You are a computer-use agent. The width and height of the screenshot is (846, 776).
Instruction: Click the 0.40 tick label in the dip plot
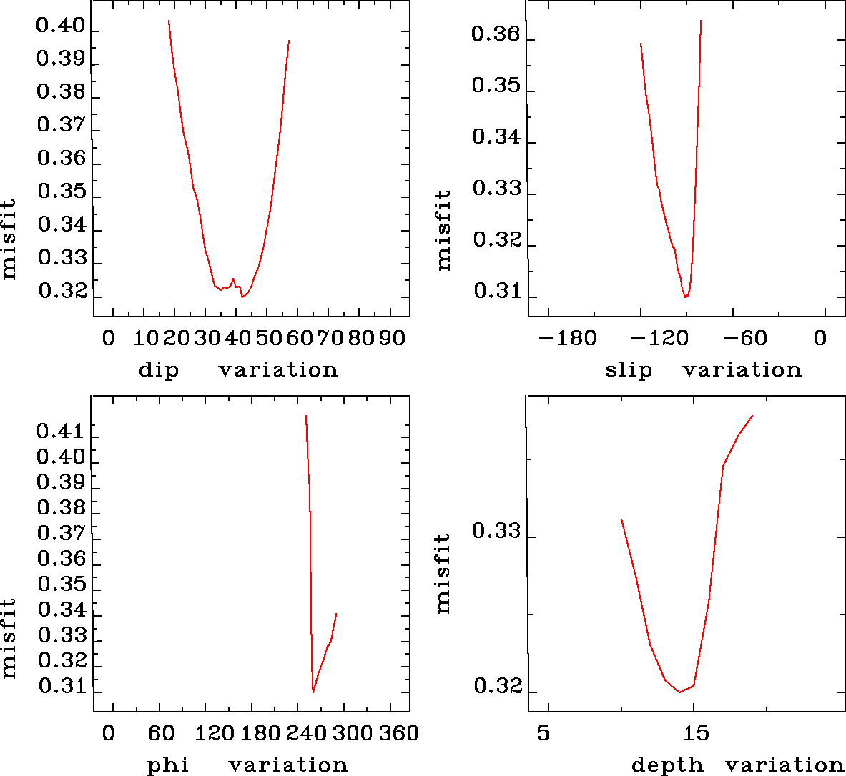click(x=61, y=26)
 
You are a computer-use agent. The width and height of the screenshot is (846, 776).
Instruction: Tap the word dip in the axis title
click(x=158, y=370)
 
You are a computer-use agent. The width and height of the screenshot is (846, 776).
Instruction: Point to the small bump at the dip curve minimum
click(x=233, y=279)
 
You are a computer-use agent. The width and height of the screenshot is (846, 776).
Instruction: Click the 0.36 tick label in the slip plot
click(x=496, y=34)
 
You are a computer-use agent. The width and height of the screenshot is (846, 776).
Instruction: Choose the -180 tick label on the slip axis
click(x=567, y=337)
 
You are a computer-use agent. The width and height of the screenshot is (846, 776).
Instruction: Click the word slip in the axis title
click(x=629, y=370)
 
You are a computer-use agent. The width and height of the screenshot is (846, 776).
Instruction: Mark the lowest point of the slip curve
click(x=685, y=297)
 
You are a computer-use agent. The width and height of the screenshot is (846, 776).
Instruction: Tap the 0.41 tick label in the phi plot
click(x=61, y=432)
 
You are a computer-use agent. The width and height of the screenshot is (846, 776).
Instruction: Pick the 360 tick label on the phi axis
click(x=398, y=733)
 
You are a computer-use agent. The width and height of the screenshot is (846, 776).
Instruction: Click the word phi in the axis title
click(x=167, y=765)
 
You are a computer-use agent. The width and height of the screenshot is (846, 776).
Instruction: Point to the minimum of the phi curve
click(x=313, y=692)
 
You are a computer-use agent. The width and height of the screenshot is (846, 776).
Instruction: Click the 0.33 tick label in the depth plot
click(x=496, y=532)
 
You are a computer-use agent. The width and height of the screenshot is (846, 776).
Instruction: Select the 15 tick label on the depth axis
click(x=696, y=733)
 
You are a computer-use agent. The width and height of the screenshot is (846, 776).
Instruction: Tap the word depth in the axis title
click(x=667, y=766)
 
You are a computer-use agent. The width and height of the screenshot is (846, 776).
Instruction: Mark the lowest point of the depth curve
click(x=679, y=692)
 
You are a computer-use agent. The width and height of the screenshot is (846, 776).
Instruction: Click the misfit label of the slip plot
click(x=443, y=229)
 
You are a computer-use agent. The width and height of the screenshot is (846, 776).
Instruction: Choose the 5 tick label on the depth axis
click(x=543, y=733)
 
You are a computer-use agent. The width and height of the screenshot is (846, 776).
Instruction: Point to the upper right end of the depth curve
click(x=752, y=416)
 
